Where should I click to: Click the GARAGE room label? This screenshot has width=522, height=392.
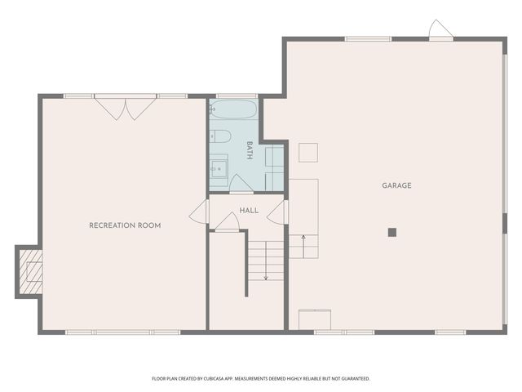[x=396, y=185]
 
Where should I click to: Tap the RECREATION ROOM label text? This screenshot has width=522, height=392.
[x=125, y=225]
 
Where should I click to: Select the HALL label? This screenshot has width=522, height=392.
[x=249, y=210]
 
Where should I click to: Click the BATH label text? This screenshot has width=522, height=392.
[x=250, y=149]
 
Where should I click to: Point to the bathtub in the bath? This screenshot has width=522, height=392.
[x=233, y=110]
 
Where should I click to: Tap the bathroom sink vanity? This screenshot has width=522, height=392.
[x=219, y=169]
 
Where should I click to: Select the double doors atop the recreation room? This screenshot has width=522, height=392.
[x=125, y=108]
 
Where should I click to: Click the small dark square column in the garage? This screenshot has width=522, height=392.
[x=391, y=232]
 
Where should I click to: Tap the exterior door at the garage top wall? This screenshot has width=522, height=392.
[x=440, y=30]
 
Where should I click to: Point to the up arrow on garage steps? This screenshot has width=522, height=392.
[x=303, y=238]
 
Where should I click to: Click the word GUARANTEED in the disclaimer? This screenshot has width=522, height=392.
[x=353, y=379]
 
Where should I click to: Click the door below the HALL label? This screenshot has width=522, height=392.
[x=227, y=221]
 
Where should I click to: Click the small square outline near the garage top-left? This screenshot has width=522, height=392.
[x=307, y=152]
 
